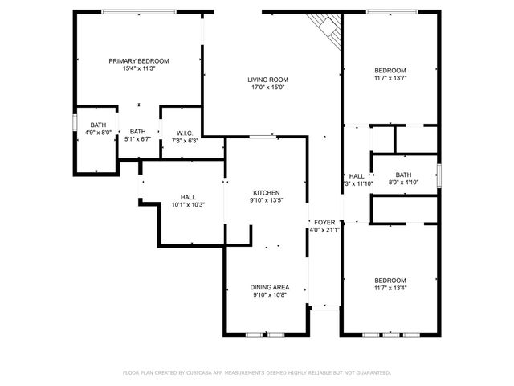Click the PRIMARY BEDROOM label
pyautogui.click(x=139, y=61)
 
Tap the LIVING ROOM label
pyautogui.click(x=267, y=80)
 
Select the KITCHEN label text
pyautogui.click(x=267, y=193)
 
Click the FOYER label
pyautogui.click(x=324, y=222)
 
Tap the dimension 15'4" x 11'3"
pyautogui.click(x=139, y=69)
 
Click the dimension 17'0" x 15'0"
pyautogui.click(x=267, y=88)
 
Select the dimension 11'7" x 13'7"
pyautogui.click(x=390, y=78)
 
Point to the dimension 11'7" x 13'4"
pyautogui.click(x=390, y=288)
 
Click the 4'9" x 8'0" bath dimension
pyautogui.click(x=98, y=133)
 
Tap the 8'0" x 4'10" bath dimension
pyautogui.click(x=402, y=183)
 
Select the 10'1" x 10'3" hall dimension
pyautogui.click(x=188, y=204)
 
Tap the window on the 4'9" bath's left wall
pyautogui.click(x=75, y=123)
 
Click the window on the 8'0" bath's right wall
pyautogui.click(x=439, y=175)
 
